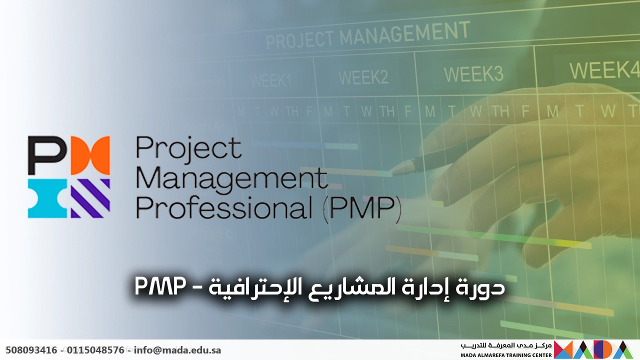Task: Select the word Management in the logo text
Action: pos(231,178)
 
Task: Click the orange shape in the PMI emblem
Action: pos(90,155)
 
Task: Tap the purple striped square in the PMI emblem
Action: pos(90,198)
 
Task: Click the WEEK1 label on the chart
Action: pos(270,80)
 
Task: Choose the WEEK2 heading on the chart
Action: pos(363,77)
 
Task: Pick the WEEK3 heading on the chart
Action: pos(473,74)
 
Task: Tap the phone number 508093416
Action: pos(31,350)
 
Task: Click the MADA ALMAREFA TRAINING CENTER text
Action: pos(506,355)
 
